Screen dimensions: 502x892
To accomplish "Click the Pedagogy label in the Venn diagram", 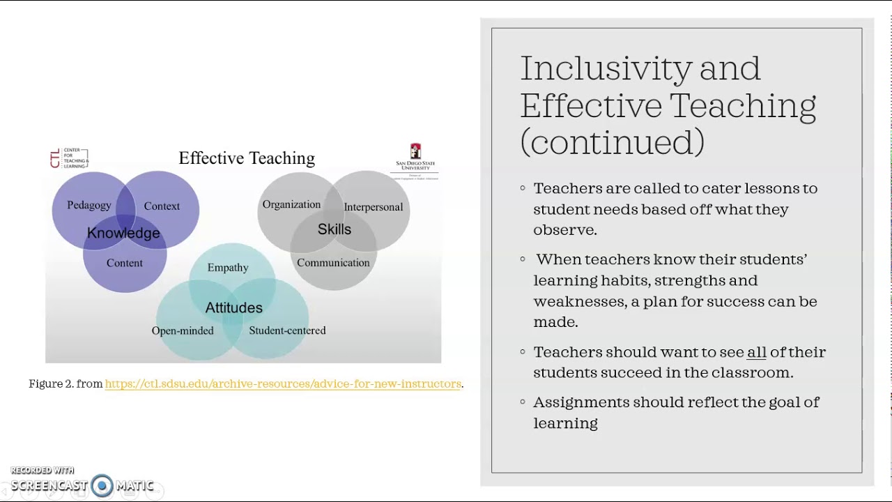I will [x=89, y=205].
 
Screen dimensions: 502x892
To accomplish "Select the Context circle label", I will [x=162, y=206].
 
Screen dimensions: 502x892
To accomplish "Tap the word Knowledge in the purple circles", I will [x=123, y=233].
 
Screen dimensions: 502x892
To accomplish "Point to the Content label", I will [x=124, y=263].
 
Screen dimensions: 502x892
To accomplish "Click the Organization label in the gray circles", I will [x=291, y=204].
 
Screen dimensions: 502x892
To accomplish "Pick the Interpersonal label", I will [x=373, y=206].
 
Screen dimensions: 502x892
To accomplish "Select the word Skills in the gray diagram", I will [x=334, y=229].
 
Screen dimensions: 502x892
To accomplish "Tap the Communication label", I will [x=333, y=263].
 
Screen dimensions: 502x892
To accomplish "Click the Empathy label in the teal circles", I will [x=228, y=268].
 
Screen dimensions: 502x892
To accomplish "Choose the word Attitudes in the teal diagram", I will [x=233, y=307].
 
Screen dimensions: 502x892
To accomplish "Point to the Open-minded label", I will [x=183, y=330].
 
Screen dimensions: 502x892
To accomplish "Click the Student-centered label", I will [x=287, y=330].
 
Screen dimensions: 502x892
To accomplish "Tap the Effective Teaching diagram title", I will [x=247, y=158].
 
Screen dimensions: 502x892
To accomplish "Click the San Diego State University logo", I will [x=415, y=160].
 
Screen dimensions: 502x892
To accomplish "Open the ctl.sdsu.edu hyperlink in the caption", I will [x=283, y=384].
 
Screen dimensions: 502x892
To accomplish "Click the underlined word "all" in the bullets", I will [x=756, y=352].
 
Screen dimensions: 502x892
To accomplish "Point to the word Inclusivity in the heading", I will [x=606, y=68].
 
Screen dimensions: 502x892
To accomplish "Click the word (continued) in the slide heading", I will [x=612, y=142].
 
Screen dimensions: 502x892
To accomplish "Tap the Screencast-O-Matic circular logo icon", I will [x=102, y=486].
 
